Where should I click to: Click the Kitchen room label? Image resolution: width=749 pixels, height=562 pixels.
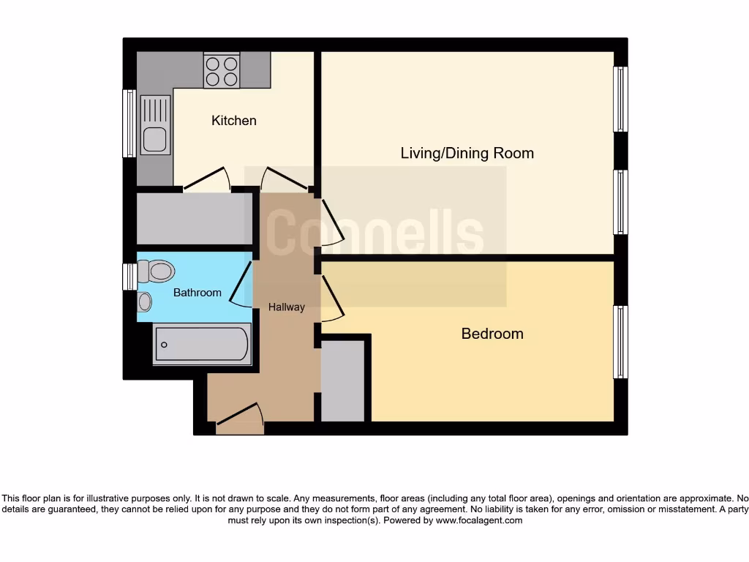pyautogui.click(x=234, y=121)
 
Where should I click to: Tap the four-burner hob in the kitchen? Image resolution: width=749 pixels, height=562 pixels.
pyautogui.click(x=222, y=71)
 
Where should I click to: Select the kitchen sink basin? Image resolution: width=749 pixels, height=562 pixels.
pyautogui.click(x=154, y=138)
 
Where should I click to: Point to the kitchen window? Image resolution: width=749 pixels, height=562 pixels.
pyautogui.click(x=129, y=123)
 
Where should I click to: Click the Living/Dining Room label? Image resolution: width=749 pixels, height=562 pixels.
pyautogui.click(x=467, y=154)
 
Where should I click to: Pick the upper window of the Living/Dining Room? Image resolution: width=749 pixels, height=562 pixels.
pyautogui.click(x=620, y=99)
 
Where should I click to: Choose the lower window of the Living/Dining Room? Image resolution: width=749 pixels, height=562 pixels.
pyautogui.click(x=620, y=202)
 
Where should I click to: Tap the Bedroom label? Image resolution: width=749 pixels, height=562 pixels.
pyautogui.click(x=492, y=334)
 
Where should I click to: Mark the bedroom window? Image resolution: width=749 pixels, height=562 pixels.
pyautogui.click(x=620, y=342)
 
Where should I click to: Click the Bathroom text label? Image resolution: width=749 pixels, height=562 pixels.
pyautogui.click(x=197, y=293)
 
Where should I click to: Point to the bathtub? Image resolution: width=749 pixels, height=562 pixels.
pyautogui.click(x=202, y=344)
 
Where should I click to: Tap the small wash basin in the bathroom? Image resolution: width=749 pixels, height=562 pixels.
pyautogui.click(x=145, y=301)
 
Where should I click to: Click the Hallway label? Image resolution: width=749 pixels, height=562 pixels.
pyautogui.click(x=286, y=307)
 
